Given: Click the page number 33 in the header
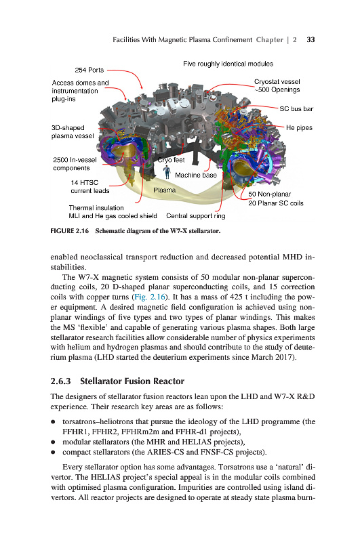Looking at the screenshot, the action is point(311,40).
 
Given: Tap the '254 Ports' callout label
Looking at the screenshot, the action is point(89,70).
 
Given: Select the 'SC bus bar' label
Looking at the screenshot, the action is point(296,109).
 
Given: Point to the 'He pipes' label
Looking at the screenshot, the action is point(299,128).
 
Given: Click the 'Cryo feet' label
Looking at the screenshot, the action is point(171,160).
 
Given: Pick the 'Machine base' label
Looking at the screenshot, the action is point(196,175).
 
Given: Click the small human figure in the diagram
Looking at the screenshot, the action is point(167,172).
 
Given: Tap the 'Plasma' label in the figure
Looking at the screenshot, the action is point(164,190).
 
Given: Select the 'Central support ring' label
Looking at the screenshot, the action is point(196,216).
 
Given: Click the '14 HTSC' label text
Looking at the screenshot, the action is point(84,182).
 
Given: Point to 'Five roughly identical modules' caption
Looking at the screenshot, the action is point(228,64).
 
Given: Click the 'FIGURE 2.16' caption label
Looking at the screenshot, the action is point(70,231).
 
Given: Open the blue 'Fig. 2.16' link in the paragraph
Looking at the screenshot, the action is point(150,297).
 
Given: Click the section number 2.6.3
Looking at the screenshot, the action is point(60,381).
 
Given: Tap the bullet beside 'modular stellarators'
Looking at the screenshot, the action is point(53,442).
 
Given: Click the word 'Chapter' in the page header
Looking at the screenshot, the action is point(269,40).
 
